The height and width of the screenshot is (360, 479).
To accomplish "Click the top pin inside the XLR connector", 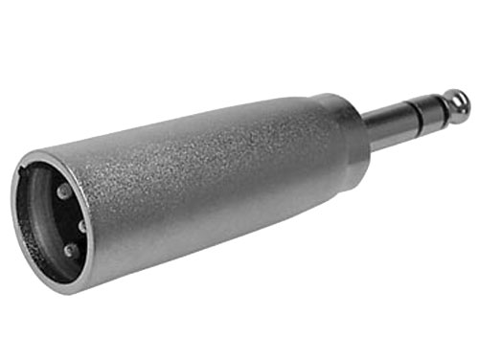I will tap(63, 191).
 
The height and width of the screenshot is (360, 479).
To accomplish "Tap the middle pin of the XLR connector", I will tap(80, 227).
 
